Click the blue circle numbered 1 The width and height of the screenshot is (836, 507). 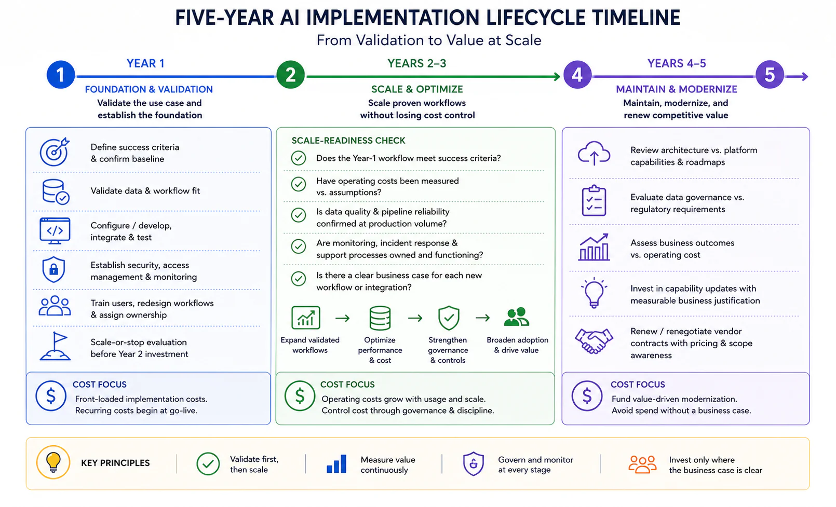pos(60,75)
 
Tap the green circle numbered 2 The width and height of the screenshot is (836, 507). pos(290,75)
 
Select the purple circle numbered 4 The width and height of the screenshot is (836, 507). pos(577,75)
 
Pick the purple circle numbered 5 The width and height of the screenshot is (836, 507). pos(770,75)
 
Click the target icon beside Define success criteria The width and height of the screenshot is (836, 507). pos(55,152)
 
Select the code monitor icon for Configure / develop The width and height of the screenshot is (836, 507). pos(55,231)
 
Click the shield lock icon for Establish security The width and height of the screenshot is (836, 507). pos(54,269)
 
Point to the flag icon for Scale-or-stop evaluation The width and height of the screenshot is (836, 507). pos(55,346)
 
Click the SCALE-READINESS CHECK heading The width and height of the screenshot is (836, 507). pos(348,141)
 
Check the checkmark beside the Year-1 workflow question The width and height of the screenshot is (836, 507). pos(299,158)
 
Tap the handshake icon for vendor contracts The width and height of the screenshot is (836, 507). pos(594,340)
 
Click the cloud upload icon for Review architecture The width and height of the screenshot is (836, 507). pos(594,153)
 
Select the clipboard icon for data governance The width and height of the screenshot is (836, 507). pos(594,201)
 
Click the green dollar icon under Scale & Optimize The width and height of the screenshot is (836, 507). pos(300,396)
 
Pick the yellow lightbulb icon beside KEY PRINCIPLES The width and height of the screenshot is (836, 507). pos(53,462)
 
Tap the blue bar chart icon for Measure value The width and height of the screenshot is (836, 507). pos(336,464)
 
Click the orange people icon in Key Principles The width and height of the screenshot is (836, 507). pos(642,464)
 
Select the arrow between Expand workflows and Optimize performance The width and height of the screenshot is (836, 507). pos(343,318)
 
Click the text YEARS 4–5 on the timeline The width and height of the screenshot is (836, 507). pos(677,63)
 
